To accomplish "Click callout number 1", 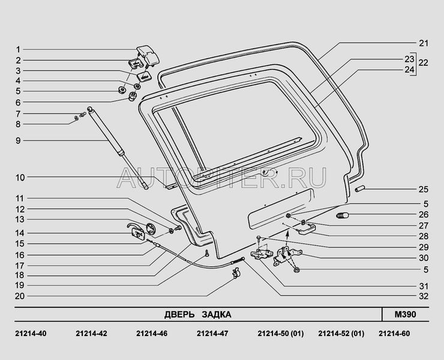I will coord(18,49).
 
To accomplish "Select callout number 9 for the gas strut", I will coord(18,140).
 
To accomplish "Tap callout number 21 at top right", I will coord(424,43).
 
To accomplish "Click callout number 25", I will coord(424,189).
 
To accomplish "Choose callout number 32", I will coord(424,296).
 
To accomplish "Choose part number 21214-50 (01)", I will coord(281,334).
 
